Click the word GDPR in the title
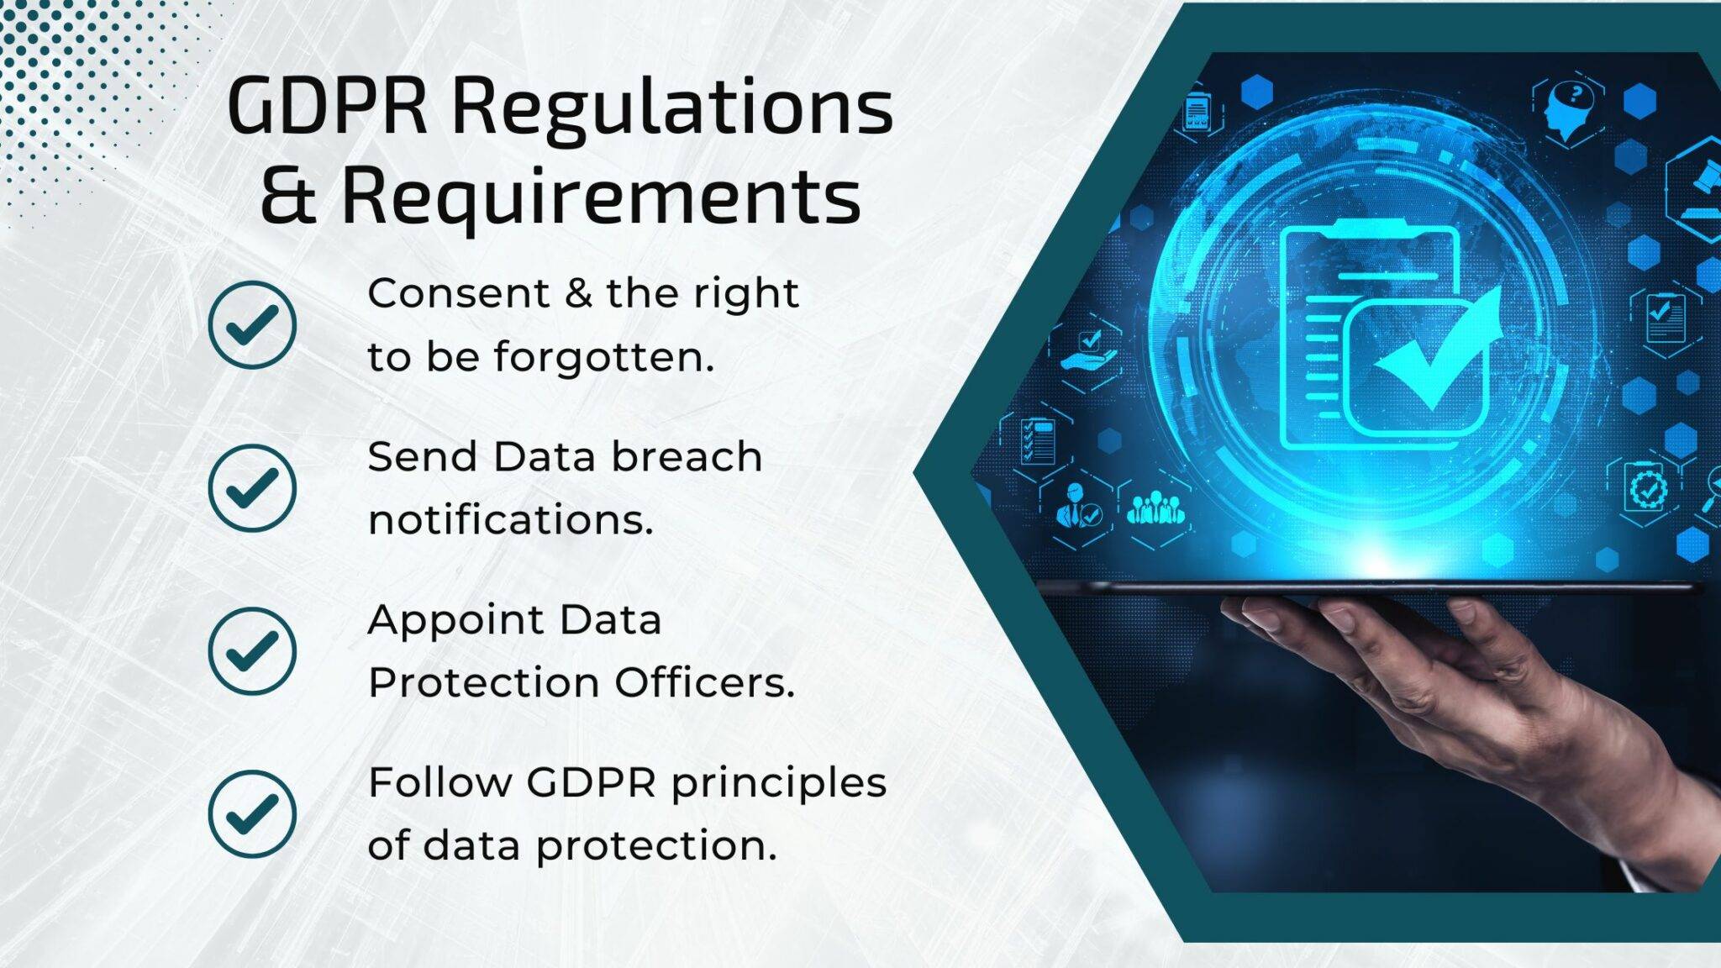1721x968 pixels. [327, 108]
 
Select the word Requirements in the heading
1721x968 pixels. [601, 197]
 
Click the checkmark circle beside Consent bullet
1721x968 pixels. [252, 324]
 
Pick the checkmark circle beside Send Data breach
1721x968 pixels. [252, 487]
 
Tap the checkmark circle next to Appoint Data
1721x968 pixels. [252, 650]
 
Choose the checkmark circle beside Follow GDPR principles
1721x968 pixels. [252, 813]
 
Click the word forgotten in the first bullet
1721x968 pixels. [603, 356]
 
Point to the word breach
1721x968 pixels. [687, 457]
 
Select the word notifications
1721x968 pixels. [510, 519]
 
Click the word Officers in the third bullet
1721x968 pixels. [704, 682]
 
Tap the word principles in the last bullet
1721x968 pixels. [778, 783]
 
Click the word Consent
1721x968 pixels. [459, 294]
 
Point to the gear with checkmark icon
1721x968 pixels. [1647, 487]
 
